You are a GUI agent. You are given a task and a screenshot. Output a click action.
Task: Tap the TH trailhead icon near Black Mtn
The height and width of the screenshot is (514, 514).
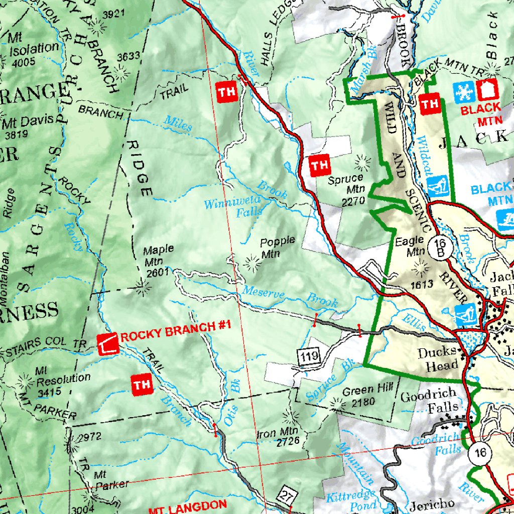(429, 104)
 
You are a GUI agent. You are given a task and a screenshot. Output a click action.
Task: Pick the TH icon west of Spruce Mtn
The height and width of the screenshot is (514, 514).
(320, 165)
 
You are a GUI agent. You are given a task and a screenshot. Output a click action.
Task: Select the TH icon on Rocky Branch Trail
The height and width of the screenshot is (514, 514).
(142, 385)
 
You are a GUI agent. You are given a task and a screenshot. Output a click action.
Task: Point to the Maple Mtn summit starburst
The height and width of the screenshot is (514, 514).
(143, 286)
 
